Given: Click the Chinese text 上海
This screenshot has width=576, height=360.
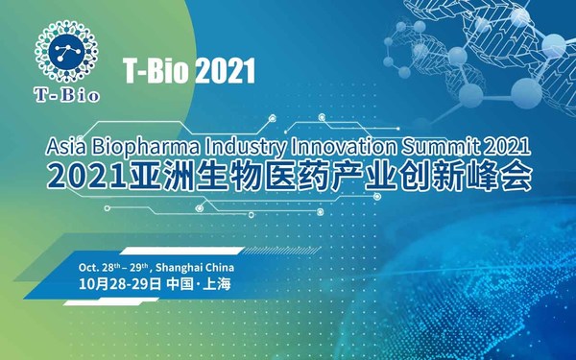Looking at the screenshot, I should tap(215, 284).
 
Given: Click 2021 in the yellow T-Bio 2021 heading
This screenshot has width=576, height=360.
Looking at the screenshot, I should tap(224, 69).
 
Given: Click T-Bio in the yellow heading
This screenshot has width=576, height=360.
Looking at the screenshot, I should tap(156, 69).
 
